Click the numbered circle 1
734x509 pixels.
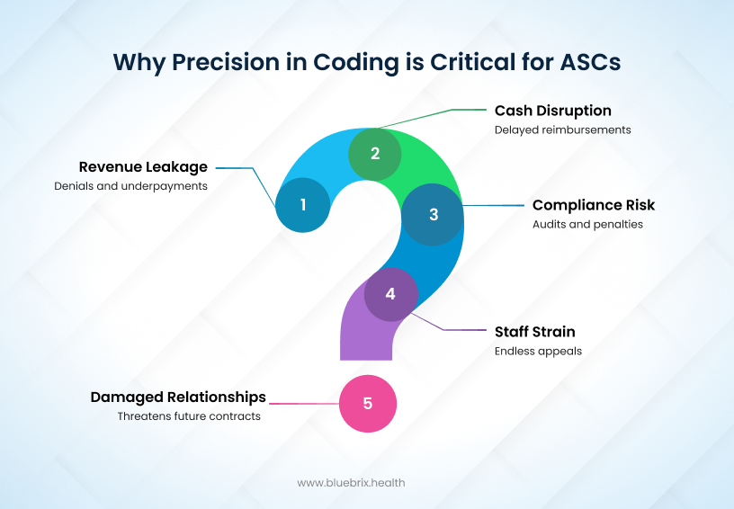click(303, 205)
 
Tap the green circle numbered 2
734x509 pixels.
click(375, 154)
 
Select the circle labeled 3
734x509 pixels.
click(433, 214)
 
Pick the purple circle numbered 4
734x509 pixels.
click(391, 294)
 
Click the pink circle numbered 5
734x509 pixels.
click(368, 403)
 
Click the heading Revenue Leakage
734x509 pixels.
click(143, 167)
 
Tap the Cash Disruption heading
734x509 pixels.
click(553, 111)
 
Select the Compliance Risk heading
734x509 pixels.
click(594, 205)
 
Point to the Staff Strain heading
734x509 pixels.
click(535, 332)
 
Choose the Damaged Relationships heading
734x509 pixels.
click(178, 397)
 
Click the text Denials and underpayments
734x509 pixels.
click(131, 186)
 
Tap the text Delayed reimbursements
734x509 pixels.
click(563, 129)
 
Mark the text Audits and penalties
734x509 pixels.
click(588, 225)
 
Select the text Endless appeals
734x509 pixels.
click(538, 352)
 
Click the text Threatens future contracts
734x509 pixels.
click(189, 416)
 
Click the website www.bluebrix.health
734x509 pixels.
click(351, 483)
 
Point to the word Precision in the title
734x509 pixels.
click(226, 62)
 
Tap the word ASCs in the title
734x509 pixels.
click(591, 62)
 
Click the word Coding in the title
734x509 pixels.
click(356, 63)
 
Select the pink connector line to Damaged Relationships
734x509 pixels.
click(304, 403)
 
